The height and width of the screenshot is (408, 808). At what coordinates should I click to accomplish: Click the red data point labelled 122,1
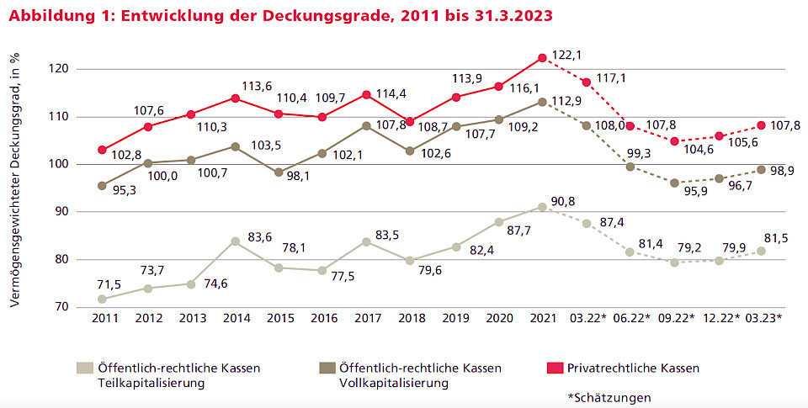tap(542, 58)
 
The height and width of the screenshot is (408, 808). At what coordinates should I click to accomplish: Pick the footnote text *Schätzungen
tap(609, 397)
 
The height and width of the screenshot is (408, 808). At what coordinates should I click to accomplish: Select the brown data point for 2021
tap(542, 102)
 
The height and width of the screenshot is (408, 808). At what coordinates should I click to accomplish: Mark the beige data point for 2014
tap(235, 241)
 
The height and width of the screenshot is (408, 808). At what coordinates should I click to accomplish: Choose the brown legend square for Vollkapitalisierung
tap(327, 368)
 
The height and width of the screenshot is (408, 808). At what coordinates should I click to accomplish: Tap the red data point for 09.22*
tap(674, 140)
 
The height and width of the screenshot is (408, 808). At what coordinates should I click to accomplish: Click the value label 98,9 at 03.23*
tap(782, 170)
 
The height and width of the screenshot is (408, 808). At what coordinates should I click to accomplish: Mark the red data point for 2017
tap(366, 94)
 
